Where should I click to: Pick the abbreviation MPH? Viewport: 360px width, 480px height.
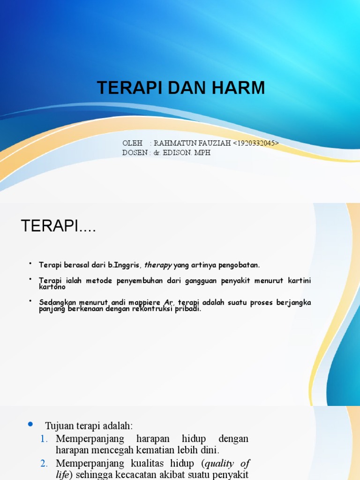pyautogui.click(x=203, y=152)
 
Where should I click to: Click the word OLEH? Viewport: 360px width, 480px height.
pyautogui.click(x=132, y=143)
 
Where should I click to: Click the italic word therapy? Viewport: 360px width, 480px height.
pyautogui.click(x=158, y=265)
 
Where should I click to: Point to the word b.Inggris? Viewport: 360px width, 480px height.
pyautogui.click(x=123, y=265)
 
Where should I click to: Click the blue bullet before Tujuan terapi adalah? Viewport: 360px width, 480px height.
pyautogui.click(x=31, y=425)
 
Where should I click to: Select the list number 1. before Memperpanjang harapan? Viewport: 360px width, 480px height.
pyautogui.click(x=44, y=439)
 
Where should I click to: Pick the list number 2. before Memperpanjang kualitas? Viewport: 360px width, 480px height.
pyautogui.click(x=44, y=464)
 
